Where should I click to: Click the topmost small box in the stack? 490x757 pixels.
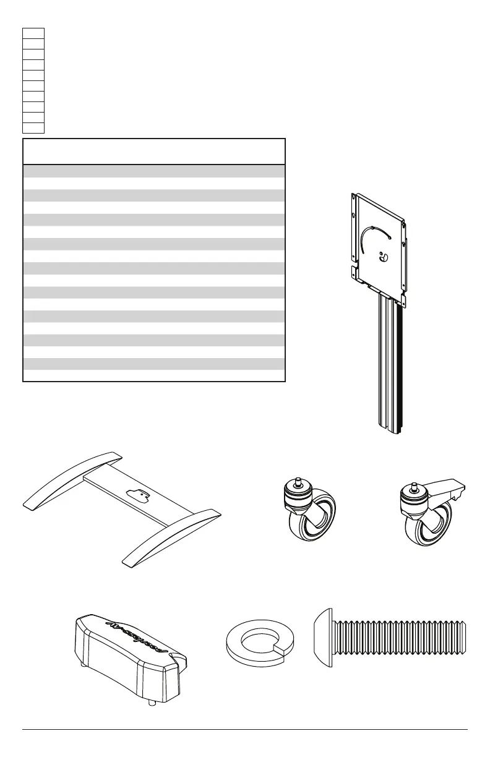click(x=33, y=32)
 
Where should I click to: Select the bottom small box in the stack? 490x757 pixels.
click(x=33, y=128)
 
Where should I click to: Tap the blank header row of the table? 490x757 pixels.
click(x=153, y=152)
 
